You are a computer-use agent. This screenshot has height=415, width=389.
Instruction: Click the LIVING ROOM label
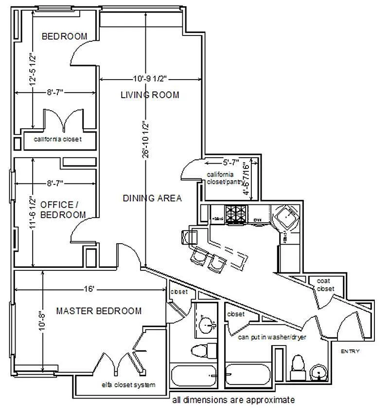tap(150, 95)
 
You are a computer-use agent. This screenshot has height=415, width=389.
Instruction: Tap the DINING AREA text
tap(152, 198)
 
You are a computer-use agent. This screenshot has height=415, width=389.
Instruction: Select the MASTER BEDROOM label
tap(99, 311)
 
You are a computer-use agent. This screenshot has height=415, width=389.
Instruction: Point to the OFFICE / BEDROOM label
tap(63, 210)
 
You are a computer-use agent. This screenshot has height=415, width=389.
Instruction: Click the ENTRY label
tap(350, 351)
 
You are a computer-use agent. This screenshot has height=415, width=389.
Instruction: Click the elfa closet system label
tap(128, 385)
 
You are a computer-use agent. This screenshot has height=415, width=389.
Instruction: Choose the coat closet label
tap(325, 285)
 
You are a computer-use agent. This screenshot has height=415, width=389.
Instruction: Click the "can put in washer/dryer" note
tap(272, 337)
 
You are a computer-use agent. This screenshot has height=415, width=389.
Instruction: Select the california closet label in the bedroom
tap(57, 139)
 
